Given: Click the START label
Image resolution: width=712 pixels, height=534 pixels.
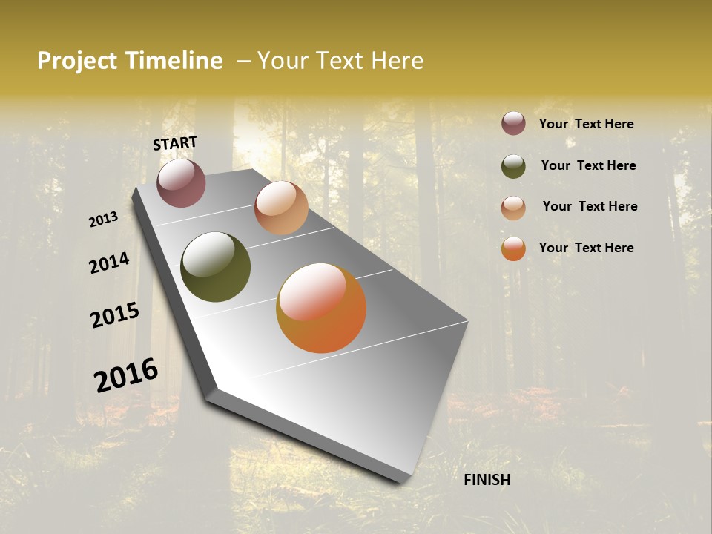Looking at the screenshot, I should click(175, 143).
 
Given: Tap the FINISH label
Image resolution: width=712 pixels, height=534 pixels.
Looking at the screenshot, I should click(487, 480).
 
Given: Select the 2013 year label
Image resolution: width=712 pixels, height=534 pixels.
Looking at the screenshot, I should click(104, 220).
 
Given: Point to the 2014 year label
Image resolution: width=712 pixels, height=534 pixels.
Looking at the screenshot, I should click(109, 263).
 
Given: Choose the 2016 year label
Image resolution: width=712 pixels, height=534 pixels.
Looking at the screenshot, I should click(126, 375).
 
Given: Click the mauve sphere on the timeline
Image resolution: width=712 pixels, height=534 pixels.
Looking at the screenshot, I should click(181, 183).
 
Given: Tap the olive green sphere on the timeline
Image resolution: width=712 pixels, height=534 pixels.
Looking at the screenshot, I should click(215, 267).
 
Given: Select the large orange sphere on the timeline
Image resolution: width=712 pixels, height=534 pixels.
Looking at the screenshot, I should click(321, 308).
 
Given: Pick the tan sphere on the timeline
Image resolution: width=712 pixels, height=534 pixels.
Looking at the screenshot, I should click(281, 208).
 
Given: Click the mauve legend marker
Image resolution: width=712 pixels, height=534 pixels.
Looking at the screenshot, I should click(513, 123).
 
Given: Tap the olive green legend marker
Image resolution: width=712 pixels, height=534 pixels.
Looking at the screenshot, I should click(513, 166).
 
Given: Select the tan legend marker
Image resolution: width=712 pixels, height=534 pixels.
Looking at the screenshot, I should click(513, 208).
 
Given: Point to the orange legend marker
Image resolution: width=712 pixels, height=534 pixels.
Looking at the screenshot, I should click(513, 248).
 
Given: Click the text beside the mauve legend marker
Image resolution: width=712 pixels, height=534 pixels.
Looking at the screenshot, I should click(586, 124).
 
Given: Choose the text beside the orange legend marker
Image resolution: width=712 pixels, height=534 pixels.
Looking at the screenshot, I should click(586, 248).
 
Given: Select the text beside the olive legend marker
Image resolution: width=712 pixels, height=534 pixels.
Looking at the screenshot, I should click(588, 165).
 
